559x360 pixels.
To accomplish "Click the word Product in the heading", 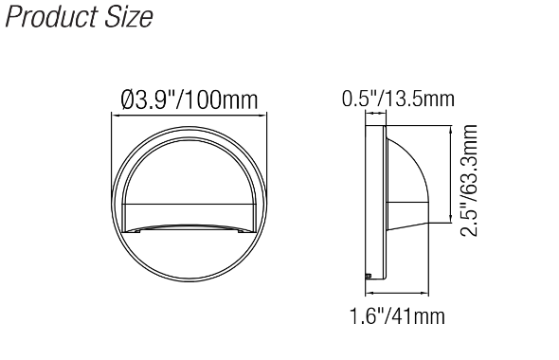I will point(46,18).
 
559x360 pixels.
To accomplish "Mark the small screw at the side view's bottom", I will point(368,276).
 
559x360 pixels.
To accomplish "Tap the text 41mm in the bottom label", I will point(425,315).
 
